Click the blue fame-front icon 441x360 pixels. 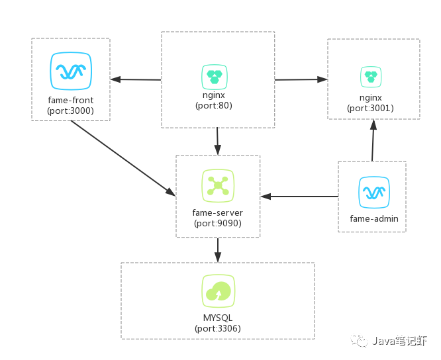[x=71, y=70]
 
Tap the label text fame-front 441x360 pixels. [x=71, y=101]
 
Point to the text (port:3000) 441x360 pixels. [x=71, y=111]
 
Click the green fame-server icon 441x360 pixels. [x=218, y=186]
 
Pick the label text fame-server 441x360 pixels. [x=218, y=213]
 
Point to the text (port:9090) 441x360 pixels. [x=218, y=223]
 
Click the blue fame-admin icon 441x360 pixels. [x=373, y=193]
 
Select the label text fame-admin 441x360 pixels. [x=372, y=218]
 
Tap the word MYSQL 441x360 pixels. [x=218, y=318]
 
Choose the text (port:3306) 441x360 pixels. [x=218, y=328]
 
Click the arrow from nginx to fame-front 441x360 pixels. [x=136, y=79]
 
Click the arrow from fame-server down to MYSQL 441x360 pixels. [x=218, y=249]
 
